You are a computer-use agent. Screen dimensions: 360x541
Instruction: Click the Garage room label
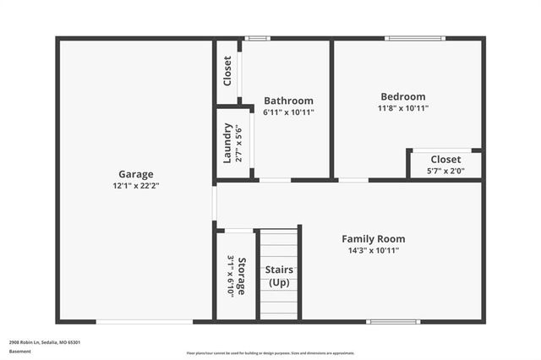click(135, 174)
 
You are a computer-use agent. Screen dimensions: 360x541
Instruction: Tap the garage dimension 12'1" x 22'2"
click(135, 185)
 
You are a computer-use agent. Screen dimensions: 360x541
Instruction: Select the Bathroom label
click(288, 101)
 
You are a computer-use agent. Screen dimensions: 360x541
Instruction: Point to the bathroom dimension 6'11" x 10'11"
click(288, 112)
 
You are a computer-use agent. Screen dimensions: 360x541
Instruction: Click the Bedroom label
click(402, 96)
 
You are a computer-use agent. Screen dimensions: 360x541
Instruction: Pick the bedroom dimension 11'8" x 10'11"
click(402, 108)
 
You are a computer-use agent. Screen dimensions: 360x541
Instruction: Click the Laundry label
click(227, 144)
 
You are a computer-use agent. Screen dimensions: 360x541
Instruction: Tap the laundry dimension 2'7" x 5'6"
click(239, 144)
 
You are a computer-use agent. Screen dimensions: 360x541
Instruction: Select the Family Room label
click(373, 238)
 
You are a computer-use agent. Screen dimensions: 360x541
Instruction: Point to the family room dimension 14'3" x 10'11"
click(373, 250)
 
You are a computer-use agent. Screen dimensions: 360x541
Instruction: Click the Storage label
click(243, 275)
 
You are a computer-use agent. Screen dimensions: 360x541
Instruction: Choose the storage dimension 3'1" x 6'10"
click(230, 275)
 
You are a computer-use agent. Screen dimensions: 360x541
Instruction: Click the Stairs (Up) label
click(280, 275)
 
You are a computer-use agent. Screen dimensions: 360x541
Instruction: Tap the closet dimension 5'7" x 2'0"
click(445, 171)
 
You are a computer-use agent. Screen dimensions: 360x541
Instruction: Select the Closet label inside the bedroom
click(445, 159)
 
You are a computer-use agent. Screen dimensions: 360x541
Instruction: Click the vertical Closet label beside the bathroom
click(227, 71)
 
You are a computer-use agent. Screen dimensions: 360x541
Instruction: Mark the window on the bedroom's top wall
click(414, 38)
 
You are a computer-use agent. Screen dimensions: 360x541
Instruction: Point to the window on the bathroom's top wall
click(258, 38)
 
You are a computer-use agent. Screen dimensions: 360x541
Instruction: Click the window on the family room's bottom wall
click(393, 321)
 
